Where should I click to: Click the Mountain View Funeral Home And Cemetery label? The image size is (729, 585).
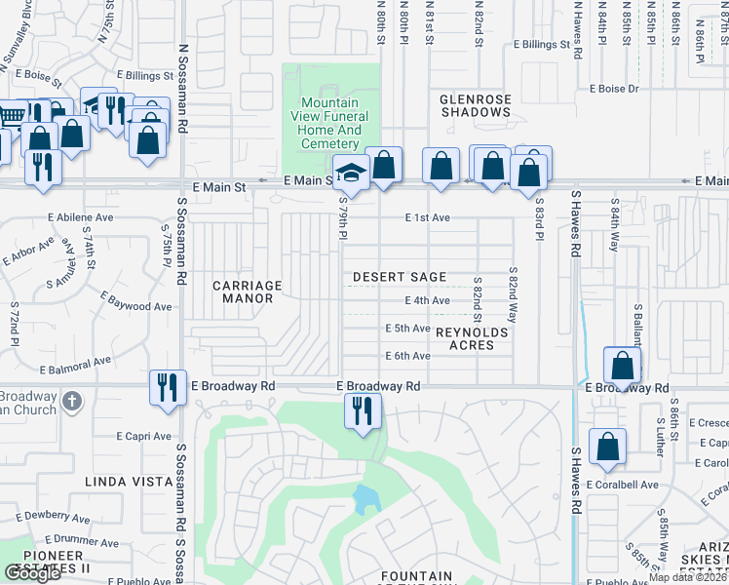click(330, 123)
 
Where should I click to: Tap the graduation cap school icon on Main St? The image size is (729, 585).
click(351, 174)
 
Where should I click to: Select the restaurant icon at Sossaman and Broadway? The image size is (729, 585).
click(168, 386)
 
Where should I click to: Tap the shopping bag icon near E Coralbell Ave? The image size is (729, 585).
click(608, 447)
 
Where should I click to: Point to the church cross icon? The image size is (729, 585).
click(71, 401)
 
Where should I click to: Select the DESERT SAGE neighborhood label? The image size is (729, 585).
click(400, 278)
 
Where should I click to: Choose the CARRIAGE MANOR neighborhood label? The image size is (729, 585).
click(248, 292)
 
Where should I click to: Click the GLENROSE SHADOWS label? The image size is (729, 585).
click(476, 105)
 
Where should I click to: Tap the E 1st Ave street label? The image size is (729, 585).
click(428, 217)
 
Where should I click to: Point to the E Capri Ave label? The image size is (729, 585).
click(143, 436)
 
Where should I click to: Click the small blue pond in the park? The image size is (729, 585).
click(366, 500)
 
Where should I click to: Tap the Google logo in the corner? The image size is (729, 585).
click(32, 573)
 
